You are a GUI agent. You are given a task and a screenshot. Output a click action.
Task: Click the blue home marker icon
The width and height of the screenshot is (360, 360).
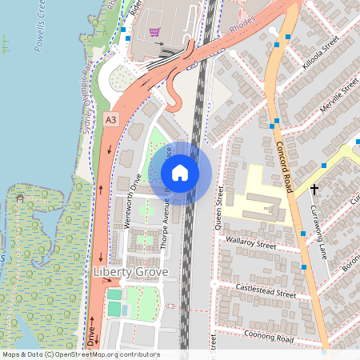(180, 173)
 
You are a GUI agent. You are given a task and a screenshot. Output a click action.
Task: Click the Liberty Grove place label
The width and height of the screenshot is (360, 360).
(130, 273)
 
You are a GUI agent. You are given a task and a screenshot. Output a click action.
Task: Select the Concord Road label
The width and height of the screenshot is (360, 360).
(279, 158)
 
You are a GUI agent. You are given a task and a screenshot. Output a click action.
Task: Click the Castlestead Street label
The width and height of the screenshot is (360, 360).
(266, 289)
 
